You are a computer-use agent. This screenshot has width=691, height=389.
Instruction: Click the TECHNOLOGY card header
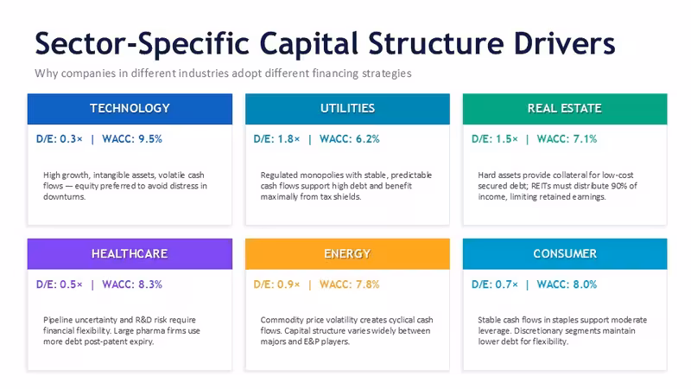coord(130,109)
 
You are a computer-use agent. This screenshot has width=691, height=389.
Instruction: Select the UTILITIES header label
coord(347,109)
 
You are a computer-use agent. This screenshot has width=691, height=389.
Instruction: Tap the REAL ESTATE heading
coord(565,109)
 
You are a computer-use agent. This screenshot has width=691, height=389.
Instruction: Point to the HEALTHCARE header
coord(130,253)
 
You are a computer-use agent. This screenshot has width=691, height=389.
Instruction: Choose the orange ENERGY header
coord(347,253)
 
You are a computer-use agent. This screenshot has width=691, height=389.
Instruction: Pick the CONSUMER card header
coord(565,253)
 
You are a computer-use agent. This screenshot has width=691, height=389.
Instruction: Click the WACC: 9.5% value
coord(132,139)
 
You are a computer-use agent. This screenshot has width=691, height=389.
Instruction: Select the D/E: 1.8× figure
coord(276,139)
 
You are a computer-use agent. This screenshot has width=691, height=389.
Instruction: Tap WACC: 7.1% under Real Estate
coord(567,139)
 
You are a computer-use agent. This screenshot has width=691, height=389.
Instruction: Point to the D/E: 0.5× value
coord(59,284)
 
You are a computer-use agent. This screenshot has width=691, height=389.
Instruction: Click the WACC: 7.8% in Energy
coord(350,284)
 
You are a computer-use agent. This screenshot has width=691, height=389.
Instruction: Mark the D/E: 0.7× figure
coord(494,284)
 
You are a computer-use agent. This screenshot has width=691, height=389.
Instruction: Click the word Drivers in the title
coord(564,44)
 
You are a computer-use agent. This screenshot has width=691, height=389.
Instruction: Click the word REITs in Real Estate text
coord(542,186)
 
